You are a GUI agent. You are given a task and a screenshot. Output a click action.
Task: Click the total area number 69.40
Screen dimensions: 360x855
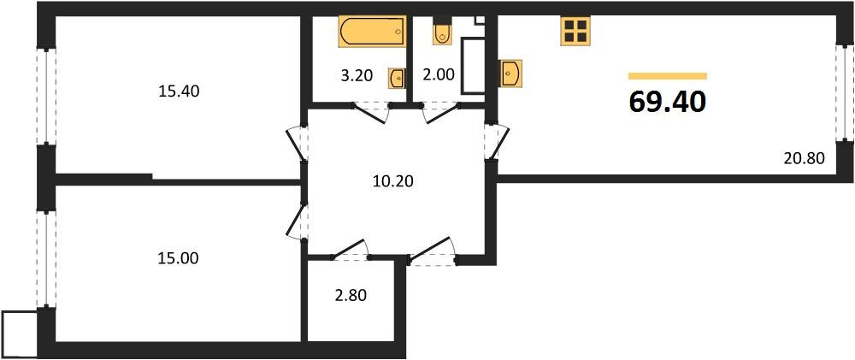(x=668, y=102)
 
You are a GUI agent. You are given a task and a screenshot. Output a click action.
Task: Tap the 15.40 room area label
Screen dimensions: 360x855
(x=179, y=90)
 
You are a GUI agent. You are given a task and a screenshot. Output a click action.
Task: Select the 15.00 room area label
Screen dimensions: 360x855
(x=179, y=257)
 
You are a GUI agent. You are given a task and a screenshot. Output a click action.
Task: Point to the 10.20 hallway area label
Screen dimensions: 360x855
(x=393, y=180)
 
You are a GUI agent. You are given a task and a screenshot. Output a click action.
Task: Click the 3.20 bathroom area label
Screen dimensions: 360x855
(x=357, y=75)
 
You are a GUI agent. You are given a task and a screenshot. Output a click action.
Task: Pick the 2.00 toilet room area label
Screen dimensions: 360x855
(x=439, y=75)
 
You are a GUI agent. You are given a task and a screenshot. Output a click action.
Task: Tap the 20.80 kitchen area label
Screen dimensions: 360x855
(x=803, y=157)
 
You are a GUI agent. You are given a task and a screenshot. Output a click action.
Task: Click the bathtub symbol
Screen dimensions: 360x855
(x=372, y=32)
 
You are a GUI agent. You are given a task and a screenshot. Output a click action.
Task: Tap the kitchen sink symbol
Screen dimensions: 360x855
(x=510, y=72)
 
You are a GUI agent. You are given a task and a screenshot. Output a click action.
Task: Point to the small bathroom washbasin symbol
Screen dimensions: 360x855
(x=398, y=78)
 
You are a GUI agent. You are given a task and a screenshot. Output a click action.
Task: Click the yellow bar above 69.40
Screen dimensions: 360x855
(x=668, y=76)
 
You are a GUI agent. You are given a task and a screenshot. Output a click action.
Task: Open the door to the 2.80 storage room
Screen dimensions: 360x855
(x=350, y=251)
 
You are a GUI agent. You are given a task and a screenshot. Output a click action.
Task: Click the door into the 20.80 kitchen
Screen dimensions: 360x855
(x=494, y=140)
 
